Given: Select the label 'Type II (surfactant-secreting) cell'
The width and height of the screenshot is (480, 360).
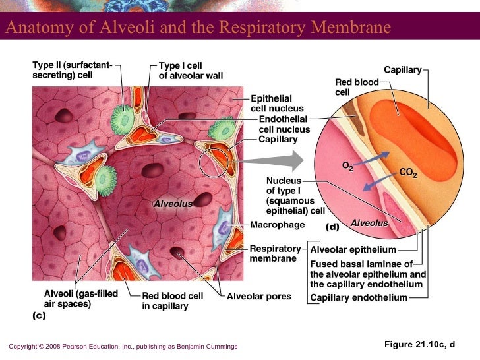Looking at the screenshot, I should [x=73, y=70].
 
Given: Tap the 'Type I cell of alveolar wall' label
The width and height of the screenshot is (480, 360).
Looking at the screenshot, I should [x=191, y=71].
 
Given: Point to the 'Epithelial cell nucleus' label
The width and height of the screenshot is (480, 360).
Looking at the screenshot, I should [x=277, y=104].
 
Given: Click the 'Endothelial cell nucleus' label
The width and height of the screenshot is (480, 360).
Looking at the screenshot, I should [x=284, y=125].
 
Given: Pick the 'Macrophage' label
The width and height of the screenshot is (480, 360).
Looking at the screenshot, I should [x=278, y=225].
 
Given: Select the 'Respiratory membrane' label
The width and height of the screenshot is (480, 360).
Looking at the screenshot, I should [x=275, y=254].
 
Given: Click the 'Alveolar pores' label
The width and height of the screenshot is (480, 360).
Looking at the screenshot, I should [x=258, y=297].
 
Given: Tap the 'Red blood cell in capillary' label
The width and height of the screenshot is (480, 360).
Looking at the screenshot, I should [x=173, y=301].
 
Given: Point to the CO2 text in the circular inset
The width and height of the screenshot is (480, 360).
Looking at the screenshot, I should [x=408, y=174].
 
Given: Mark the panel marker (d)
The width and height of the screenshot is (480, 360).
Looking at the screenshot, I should [x=332, y=227].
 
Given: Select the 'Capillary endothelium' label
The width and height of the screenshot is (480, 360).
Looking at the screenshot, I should [x=359, y=298].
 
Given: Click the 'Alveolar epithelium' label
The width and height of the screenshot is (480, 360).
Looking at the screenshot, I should [x=353, y=250].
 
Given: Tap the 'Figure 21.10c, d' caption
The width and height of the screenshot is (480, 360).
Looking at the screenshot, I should [x=419, y=345].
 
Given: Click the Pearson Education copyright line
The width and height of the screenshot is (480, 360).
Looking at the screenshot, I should [x=123, y=347].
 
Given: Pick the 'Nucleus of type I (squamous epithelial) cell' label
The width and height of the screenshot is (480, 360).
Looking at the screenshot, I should [x=295, y=196].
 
